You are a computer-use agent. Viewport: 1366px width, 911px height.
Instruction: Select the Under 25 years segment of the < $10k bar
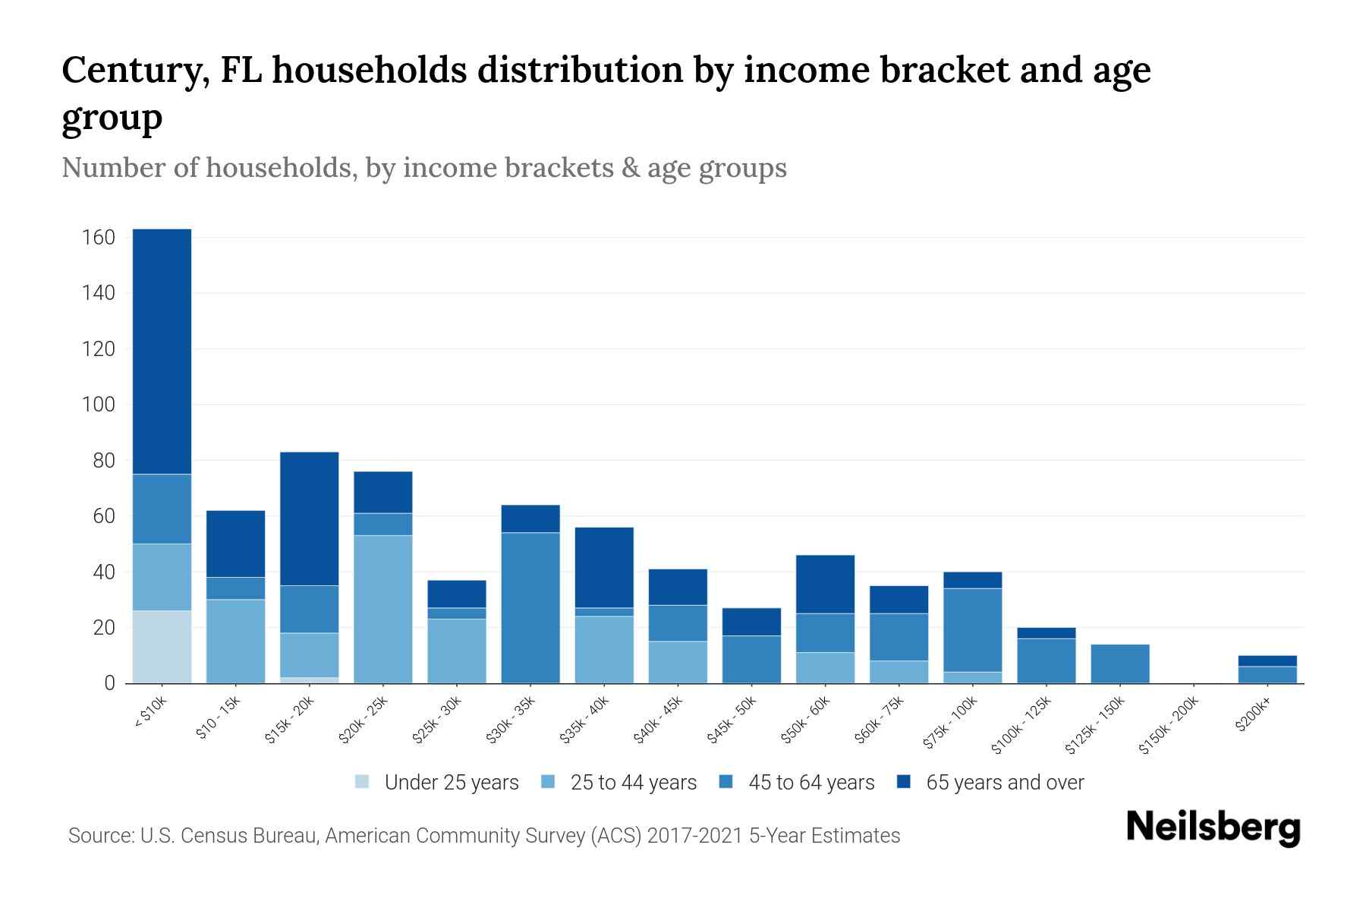pyautogui.click(x=162, y=647)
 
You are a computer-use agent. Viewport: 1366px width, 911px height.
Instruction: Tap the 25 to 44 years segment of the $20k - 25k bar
pyautogui.click(x=383, y=609)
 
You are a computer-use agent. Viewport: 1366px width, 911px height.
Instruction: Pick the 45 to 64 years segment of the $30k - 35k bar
pyautogui.click(x=530, y=607)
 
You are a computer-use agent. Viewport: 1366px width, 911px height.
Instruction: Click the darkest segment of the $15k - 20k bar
pyautogui.click(x=310, y=519)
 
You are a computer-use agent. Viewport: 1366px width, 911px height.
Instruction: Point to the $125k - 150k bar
pyautogui.click(x=1120, y=664)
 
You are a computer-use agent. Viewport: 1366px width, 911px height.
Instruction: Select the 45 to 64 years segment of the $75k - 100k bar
pyautogui.click(x=973, y=630)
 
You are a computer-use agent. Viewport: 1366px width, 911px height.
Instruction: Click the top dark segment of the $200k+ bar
pyautogui.click(x=1267, y=660)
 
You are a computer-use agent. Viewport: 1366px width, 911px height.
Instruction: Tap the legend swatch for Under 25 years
pyautogui.click(x=362, y=782)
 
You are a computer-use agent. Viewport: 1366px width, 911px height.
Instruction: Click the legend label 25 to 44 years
pyautogui.click(x=633, y=782)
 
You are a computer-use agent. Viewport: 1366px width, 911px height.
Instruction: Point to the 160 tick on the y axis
pyautogui.click(x=98, y=238)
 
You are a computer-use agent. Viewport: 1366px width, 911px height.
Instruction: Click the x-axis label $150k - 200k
pyautogui.click(x=1169, y=726)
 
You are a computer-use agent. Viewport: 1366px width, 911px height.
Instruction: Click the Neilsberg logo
pyautogui.click(x=1213, y=827)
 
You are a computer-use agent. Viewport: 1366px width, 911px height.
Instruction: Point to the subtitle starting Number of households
pyautogui.click(x=423, y=168)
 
